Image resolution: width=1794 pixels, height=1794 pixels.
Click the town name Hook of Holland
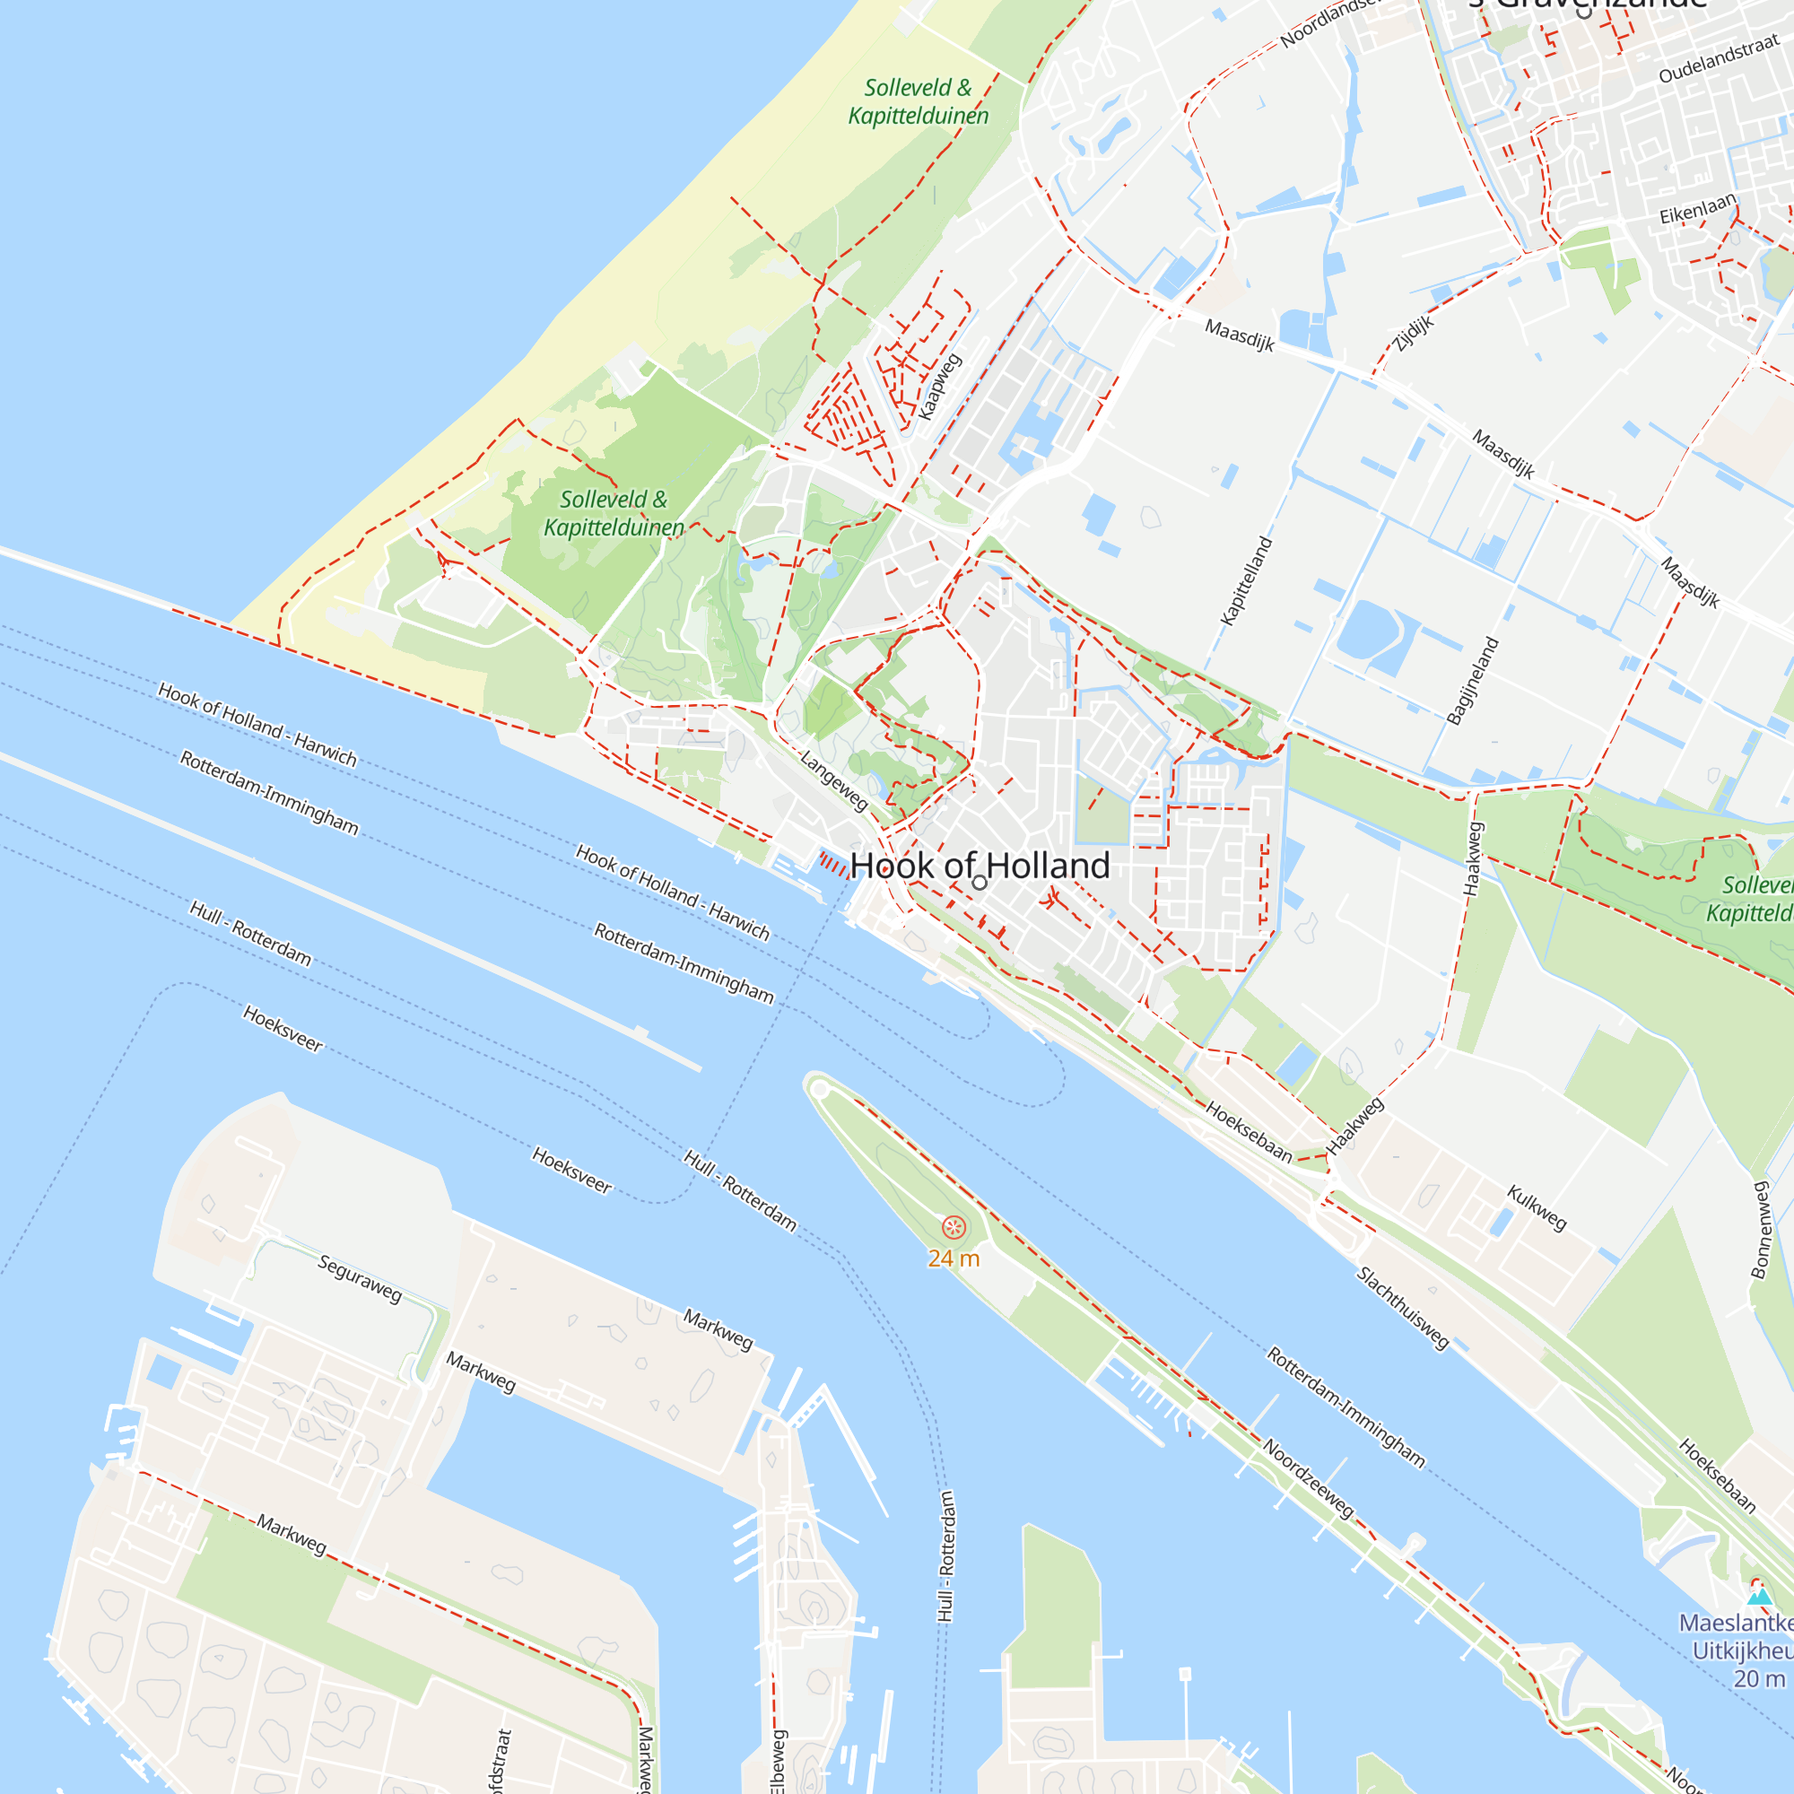coord(980,866)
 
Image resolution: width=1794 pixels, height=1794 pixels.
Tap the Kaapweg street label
coord(940,388)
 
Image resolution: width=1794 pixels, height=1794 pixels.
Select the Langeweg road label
coord(834,781)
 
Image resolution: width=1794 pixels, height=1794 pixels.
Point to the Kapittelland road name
coord(1246,581)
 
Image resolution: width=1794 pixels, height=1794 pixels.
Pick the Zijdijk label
coord(1414,334)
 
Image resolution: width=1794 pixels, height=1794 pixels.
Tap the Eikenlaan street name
coord(1697,209)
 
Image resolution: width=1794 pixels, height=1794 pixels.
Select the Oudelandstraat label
coord(1719,57)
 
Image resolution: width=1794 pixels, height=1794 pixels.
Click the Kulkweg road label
coord(1537,1208)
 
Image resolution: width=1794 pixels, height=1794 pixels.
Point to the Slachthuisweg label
coord(1403,1309)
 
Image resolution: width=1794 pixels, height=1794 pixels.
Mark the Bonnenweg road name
coord(1760,1230)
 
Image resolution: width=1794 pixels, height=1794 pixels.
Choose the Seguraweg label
coord(361,1278)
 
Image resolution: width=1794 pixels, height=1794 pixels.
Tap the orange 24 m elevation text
coord(954,1258)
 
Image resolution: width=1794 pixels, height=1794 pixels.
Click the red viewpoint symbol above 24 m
coord(954,1228)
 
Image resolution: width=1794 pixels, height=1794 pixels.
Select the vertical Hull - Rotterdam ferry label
coord(946,1556)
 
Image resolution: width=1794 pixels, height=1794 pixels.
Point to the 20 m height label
coord(1759,1679)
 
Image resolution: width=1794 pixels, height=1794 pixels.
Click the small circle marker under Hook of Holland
coord(980,883)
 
